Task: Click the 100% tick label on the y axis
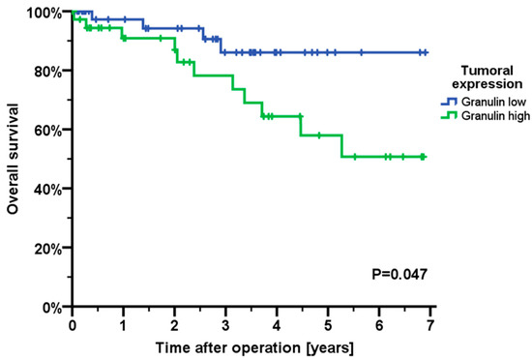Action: click(x=45, y=13)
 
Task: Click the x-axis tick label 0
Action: click(x=73, y=324)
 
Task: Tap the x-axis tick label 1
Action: click(x=124, y=324)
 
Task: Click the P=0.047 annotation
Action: click(x=398, y=275)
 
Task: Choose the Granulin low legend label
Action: click(x=491, y=100)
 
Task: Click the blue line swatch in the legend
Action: click(x=448, y=100)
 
